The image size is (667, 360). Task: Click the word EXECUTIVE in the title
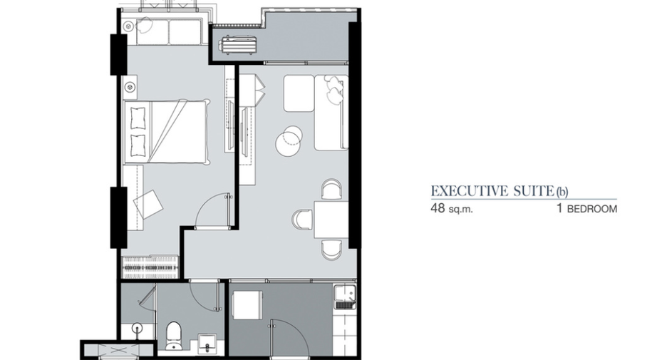(470, 191)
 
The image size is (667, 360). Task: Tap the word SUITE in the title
(532, 191)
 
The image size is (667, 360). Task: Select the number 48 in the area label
(438, 208)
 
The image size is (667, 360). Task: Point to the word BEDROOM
(591, 209)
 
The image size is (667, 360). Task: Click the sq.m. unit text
(460, 210)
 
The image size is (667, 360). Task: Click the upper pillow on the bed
(138, 118)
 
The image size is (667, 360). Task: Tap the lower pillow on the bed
(138, 145)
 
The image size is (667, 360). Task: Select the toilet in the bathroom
(173, 335)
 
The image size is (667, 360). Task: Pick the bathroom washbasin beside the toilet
(207, 342)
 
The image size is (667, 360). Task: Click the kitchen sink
(345, 297)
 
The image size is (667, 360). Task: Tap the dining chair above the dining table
(331, 189)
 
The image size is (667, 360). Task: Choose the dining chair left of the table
(302, 220)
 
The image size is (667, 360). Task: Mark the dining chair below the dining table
(331, 250)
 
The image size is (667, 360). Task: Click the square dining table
(331, 220)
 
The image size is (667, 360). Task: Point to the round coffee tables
(289, 140)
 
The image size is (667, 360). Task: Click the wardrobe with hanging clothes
(150, 267)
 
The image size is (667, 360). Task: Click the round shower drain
(136, 328)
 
